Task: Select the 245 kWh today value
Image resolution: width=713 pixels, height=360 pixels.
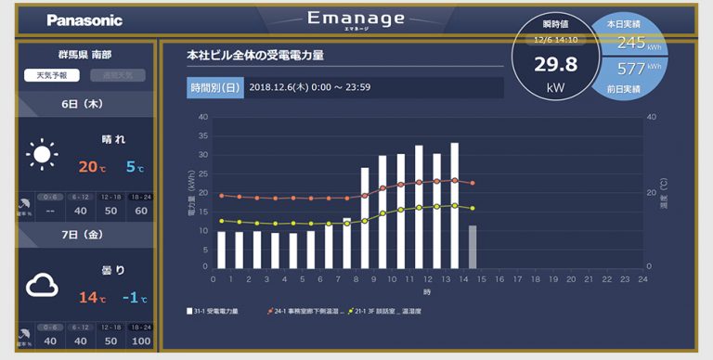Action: tap(631, 43)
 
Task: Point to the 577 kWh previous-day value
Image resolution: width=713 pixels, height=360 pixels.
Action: tap(631, 69)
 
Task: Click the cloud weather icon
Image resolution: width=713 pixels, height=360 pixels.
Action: tap(43, 285)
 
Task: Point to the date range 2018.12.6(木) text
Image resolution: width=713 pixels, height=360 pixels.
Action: tap(284, 88)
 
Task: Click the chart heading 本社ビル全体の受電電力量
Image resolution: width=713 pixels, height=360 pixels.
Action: tap(255, 56)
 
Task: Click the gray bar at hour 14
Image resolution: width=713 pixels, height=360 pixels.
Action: tap(473, 247)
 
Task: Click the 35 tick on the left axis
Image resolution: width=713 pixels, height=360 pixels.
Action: tap(203, 136)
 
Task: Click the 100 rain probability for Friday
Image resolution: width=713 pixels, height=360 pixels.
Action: tap(141, 341)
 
